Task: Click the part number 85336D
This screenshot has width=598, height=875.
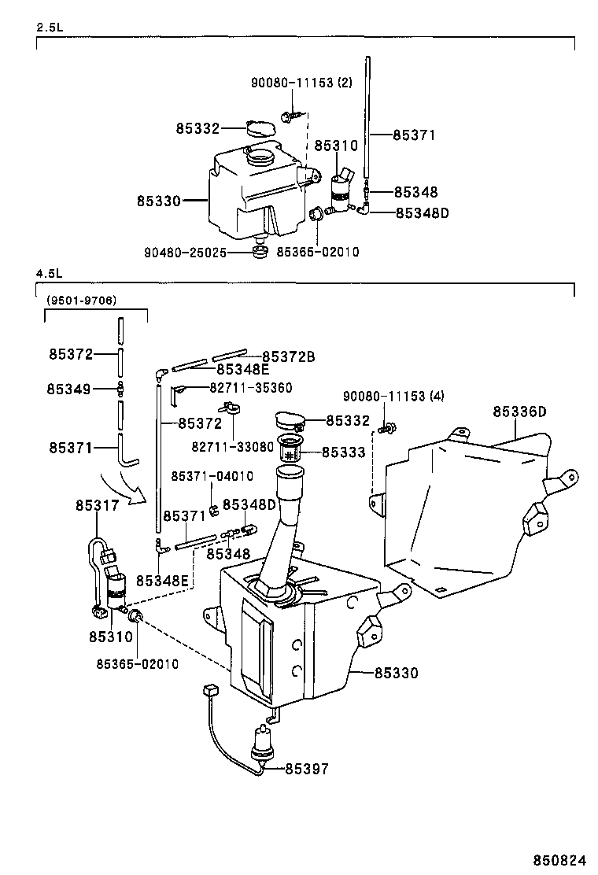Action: (x=519, y=412)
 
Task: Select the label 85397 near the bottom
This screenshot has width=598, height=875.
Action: (x=307, y=769)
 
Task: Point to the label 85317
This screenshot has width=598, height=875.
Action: (x=98, y=505)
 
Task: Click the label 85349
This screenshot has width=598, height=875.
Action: (x=68, y=389)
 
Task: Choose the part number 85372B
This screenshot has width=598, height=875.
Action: (x=288, y=356)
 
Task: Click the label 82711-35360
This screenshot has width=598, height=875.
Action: (x=251, y=388)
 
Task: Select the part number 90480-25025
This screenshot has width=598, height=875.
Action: (x=186, y=253)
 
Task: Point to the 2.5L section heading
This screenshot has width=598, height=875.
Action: (x=49, y=28)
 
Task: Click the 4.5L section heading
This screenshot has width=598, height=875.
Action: (x=49, y=273)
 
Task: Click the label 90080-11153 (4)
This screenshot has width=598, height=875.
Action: (x=393, y=396)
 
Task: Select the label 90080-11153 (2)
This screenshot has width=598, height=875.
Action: (x=302, y=82)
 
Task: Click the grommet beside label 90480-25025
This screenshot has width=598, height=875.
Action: (x=260, y=252)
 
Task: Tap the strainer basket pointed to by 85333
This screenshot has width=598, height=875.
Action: (x=292, y=453)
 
